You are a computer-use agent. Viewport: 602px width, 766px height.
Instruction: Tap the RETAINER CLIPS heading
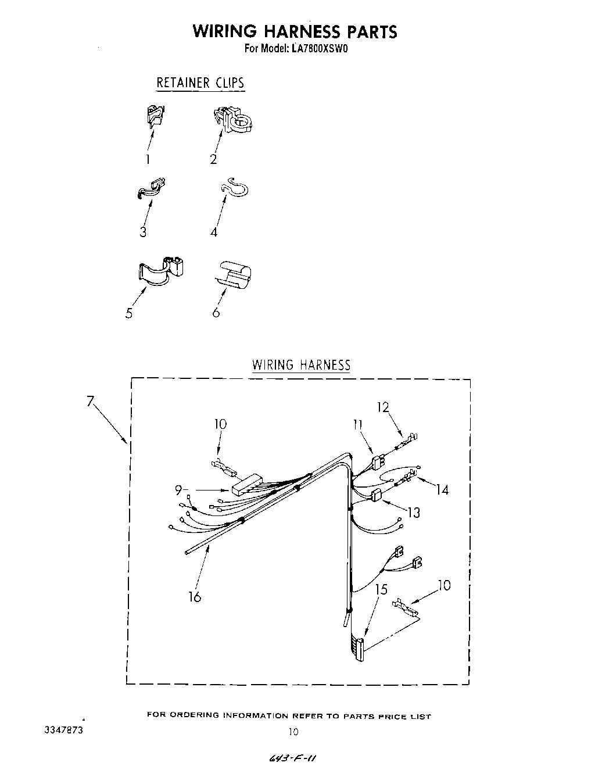point(200,83)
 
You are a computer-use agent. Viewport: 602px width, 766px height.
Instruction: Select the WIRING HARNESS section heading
point(301,365)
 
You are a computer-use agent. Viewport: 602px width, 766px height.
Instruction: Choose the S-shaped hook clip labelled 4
point(235,187)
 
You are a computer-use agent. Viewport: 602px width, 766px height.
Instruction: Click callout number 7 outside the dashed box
point(90,401)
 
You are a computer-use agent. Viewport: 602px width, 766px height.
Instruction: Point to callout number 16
point(195,596)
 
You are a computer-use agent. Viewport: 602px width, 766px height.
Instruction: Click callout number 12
point(382,407)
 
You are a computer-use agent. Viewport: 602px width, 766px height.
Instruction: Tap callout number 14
point(442,490)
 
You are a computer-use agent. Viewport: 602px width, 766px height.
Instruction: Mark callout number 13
point(413,513)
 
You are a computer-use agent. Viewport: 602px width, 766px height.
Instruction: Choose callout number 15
point(381,589)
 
